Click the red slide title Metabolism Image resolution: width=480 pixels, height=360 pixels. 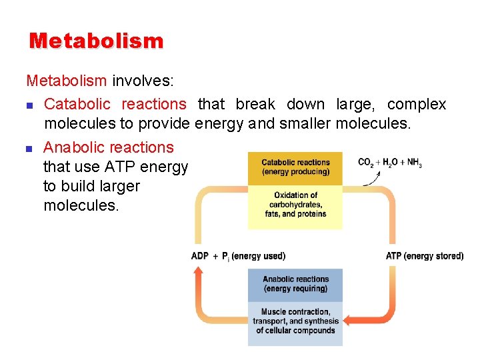pyautogui.click(x=96, y=41)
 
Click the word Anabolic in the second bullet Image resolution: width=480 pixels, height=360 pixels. pyautogui.click(x=73, y=147)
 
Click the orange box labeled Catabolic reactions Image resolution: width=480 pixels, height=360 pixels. pyautogui.click(x=295, y=167)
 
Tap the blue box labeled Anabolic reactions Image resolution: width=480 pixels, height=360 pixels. pyautogui.click(x=295, y=284)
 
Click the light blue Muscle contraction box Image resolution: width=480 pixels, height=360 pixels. pyautogui.click(x=295, y=321)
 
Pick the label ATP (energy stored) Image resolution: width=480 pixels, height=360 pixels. pyautogui.click(x=424, y=256)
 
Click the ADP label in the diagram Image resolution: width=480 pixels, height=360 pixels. pyautogui.click(x=201, y=256)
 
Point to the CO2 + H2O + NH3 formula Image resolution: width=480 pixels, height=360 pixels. pyautogui.click(x=390, y=163)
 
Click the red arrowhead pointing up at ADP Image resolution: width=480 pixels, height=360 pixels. pyautogui.click(x=199, y=270)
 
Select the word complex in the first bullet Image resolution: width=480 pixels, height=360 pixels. pyautogui.click(x=417, y=104)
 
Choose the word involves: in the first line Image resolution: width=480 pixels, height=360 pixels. pyautogui.click(x=143, y=81)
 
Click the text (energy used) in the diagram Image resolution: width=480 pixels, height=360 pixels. pyautogui.click(x=258, y=256)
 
